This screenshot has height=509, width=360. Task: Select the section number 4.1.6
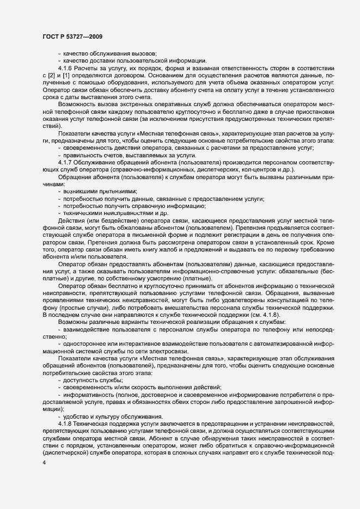pos(65,68)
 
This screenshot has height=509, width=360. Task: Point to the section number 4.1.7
pos(65,163)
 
